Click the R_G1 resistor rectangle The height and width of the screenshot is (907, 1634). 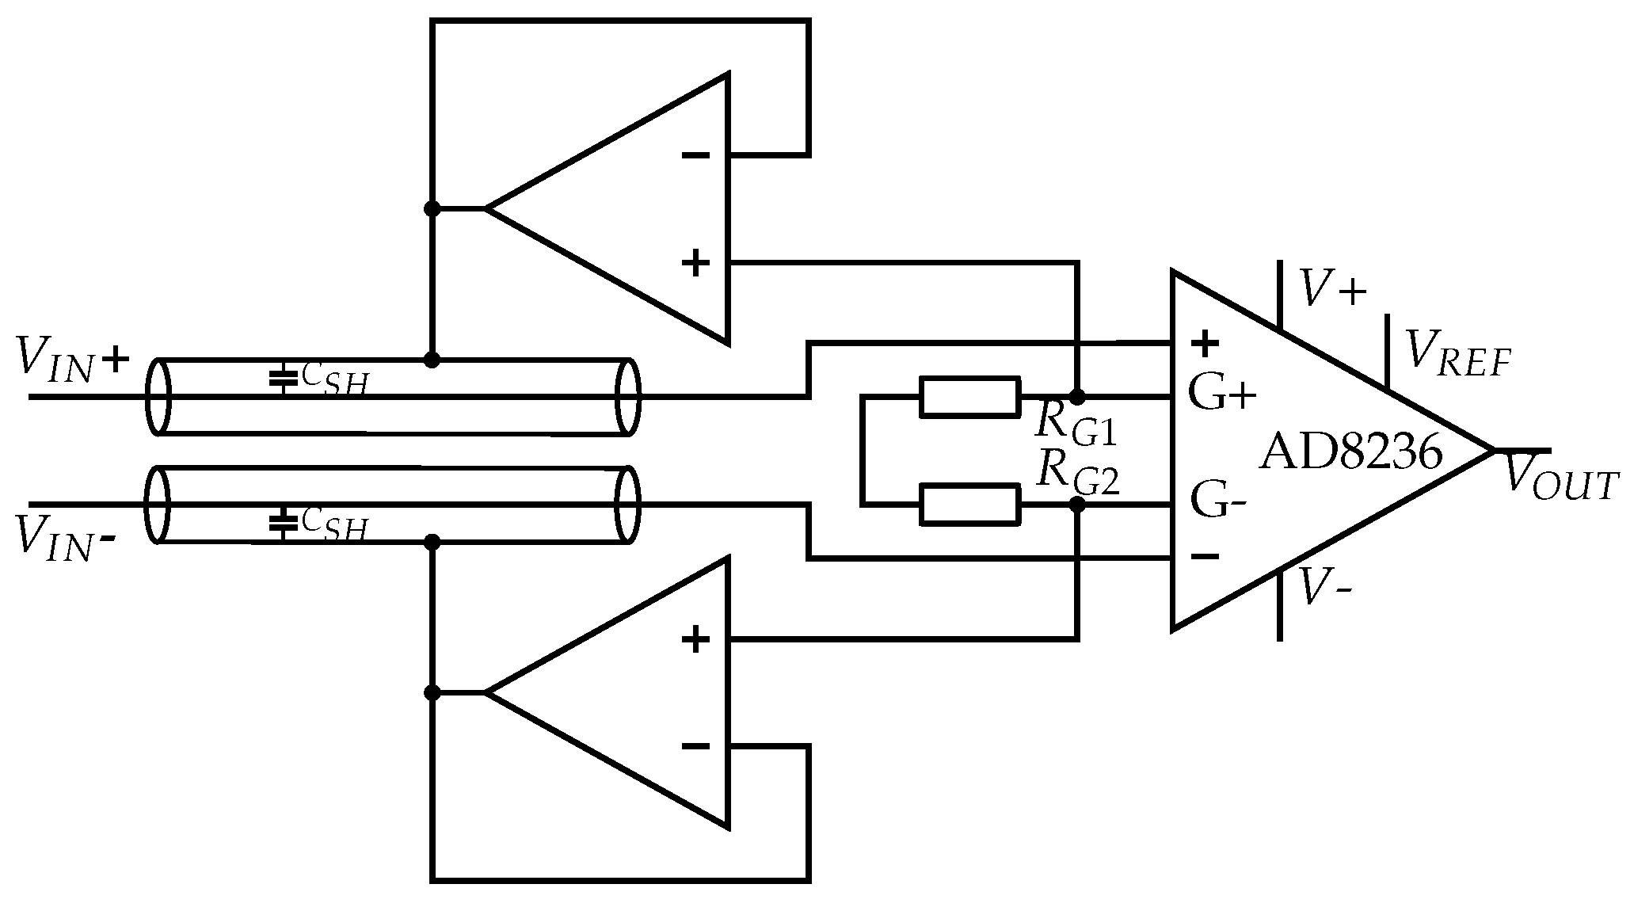pos(969,397)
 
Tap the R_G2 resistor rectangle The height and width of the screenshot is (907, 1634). pos(969,505)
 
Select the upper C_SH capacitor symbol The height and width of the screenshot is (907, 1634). pos(279,379)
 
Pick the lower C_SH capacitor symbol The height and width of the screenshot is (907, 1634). pos(279,522)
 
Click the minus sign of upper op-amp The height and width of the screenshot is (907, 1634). pos(695,155)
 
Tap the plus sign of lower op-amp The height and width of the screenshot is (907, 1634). pos(695,639)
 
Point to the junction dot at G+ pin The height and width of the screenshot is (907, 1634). pos(1077,397)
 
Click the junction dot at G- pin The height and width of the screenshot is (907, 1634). pos(1077,505)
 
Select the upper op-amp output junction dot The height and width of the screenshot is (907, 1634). pos(432,209)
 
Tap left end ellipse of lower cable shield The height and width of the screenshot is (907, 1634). pos(158,505)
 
